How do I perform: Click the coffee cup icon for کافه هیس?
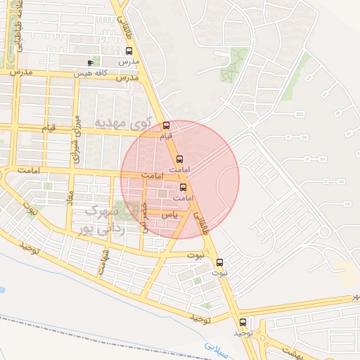click(90, 63)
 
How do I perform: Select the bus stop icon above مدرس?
click(129, 51)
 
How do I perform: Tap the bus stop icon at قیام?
click(166, 125)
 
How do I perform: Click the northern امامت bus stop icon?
click(179, 159)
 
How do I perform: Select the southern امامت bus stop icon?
click(184, 187)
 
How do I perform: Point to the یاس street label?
click(167, 214)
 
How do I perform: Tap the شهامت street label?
click(104, 257)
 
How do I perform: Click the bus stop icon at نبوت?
click(219, 262)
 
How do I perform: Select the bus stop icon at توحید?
click(243, 322)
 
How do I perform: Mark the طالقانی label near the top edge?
click(124, 13)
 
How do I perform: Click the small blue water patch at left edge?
click(2, 289)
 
